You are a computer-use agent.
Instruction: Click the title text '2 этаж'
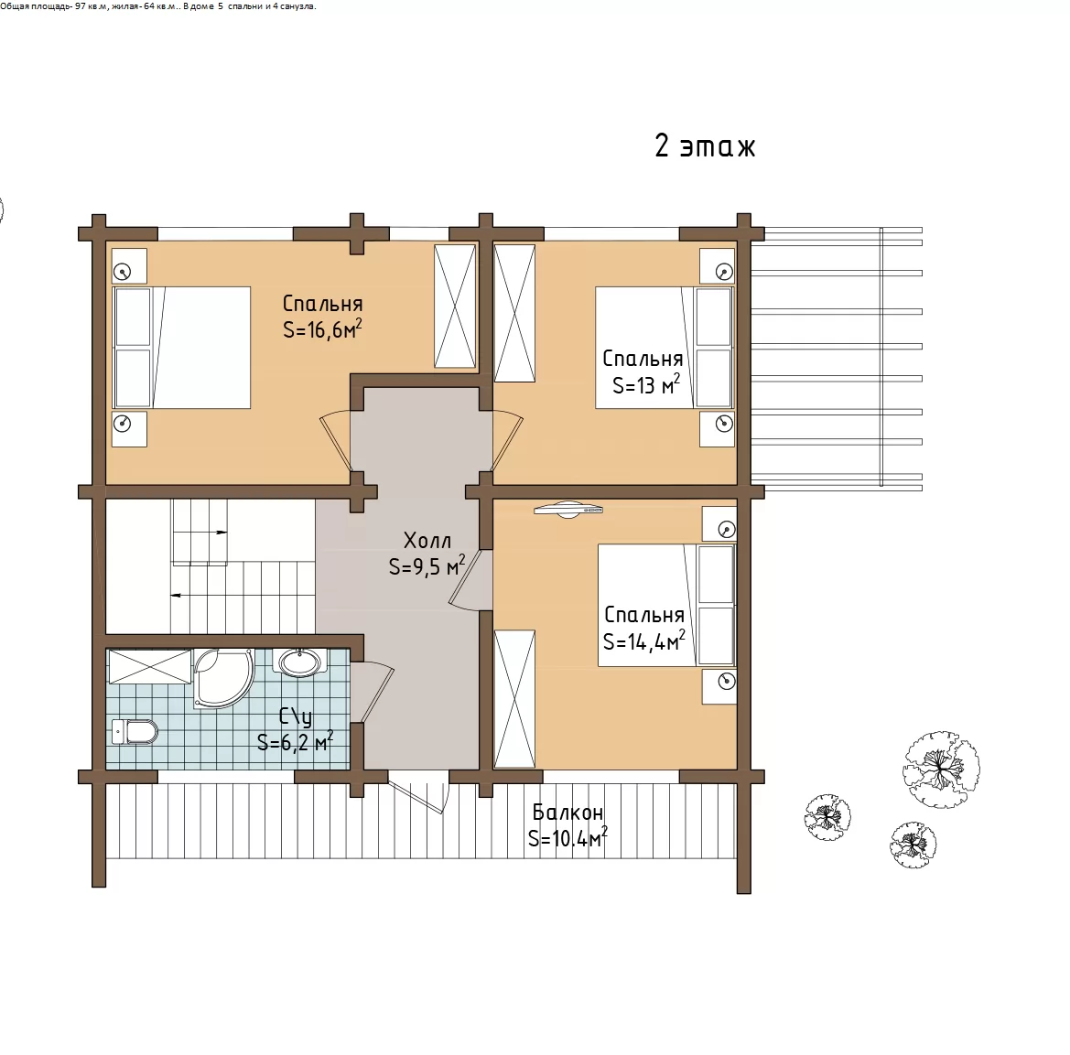[x=705, y=145]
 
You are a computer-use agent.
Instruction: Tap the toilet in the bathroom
[x=135, y=732]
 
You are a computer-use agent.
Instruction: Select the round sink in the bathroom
[x=299, y=662]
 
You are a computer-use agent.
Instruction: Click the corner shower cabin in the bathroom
[x=223, y=678]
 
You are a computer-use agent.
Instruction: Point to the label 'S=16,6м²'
[x=322, y=329]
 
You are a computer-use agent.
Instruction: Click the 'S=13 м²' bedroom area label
[x=645, y=385]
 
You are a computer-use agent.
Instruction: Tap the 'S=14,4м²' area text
[x=643, y=641]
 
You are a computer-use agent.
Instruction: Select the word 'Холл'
[x=427, y=541]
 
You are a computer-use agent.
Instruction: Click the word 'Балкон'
[x=567, y=813]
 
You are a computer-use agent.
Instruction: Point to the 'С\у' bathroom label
[x=296, y=717]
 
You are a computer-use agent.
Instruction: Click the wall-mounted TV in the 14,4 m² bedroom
[x=568, y=510]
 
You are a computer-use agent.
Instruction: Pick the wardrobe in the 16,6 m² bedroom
[x=455, y=307]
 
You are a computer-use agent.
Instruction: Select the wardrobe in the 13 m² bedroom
[x=514, y=313]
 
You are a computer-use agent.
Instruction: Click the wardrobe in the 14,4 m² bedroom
[x=514, y=699]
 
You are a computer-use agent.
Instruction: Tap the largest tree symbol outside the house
[x=941, y=770]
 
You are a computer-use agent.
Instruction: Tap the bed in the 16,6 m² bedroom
[x=181, y=348]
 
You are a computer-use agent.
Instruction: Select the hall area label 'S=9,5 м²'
[x=427, y=566]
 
